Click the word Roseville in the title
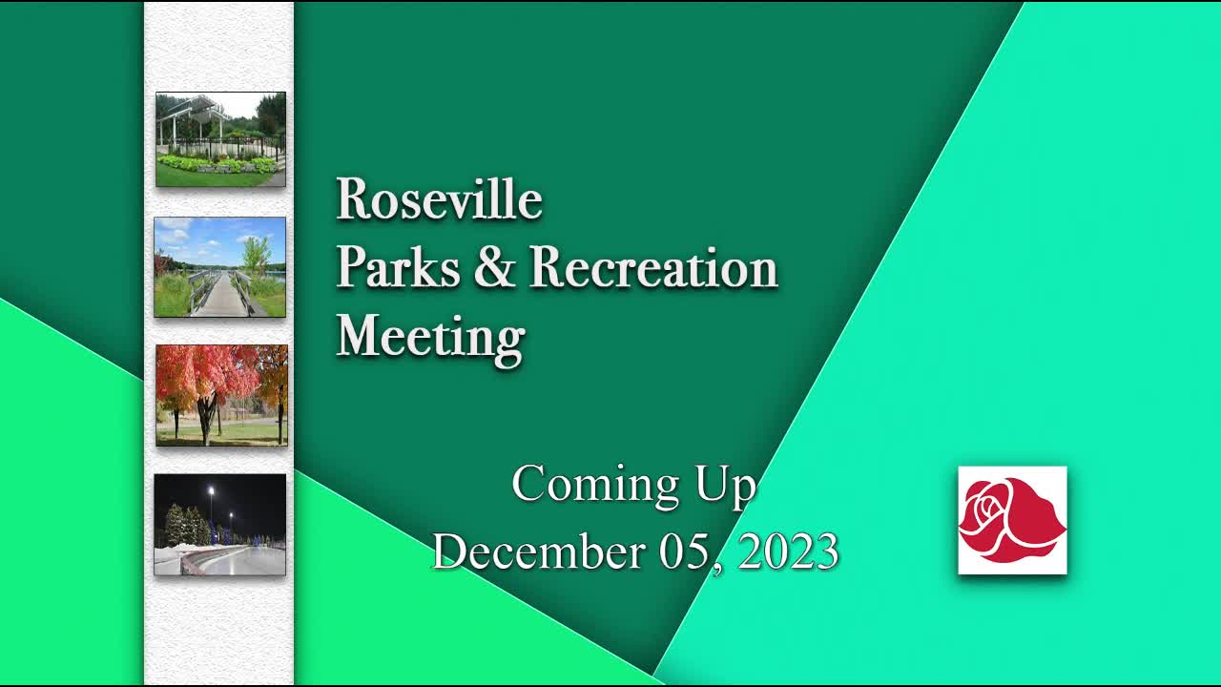click(439, 199)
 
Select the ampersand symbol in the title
click(493, 268)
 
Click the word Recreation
click(653, 268)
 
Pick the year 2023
click(788, 552)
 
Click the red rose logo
click(1011, 520)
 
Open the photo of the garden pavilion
click(220, 139)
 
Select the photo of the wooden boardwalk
click(219, 267)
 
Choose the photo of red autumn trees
click(221, 395)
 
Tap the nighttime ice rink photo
click(219, 525)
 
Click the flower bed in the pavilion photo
click(216, 164)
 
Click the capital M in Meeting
click(359, 336)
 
